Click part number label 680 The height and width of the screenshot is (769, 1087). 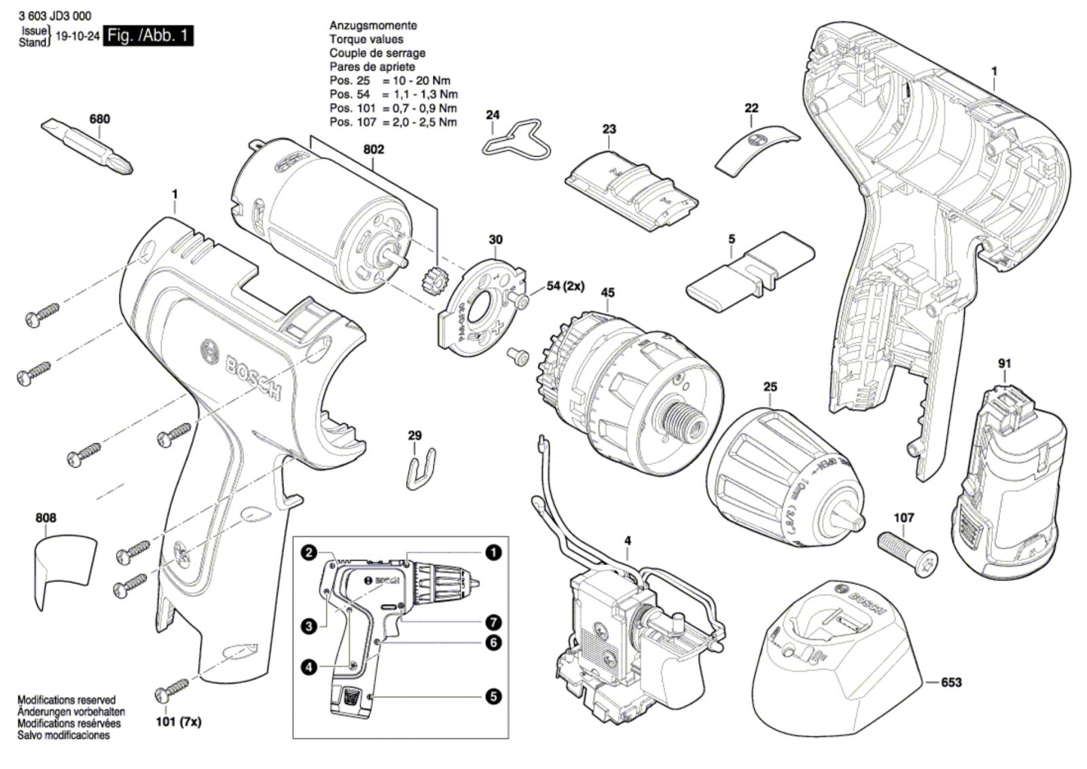click(100, 119)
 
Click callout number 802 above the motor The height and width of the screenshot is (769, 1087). click(374, 149)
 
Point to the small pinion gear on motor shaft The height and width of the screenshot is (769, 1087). click(430, 279)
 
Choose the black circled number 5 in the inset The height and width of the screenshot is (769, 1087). click(493, 696)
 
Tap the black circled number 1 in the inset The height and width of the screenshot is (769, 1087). click(493, 553)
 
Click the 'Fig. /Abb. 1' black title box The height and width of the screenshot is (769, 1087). click(148, 35)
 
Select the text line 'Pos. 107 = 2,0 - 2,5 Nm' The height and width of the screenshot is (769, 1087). click(393, 122)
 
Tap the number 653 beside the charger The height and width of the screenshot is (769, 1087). click(951, 682)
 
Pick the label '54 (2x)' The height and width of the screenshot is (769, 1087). click(565, 286)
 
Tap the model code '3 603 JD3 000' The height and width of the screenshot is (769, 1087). click(56, 15)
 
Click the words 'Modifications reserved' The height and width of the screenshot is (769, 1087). click(66, 700)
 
